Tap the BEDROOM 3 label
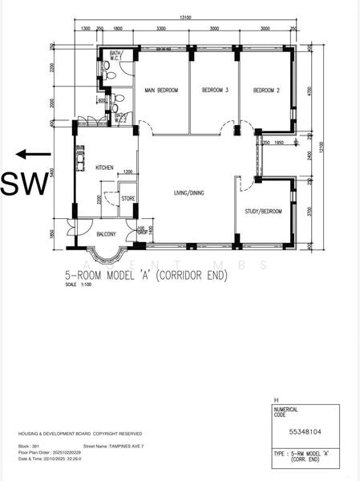pos(215,90)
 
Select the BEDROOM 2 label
pos(266,90)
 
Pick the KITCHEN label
pos(105,168)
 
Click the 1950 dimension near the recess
pos(278,143)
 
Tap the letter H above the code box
pos(277,398)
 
